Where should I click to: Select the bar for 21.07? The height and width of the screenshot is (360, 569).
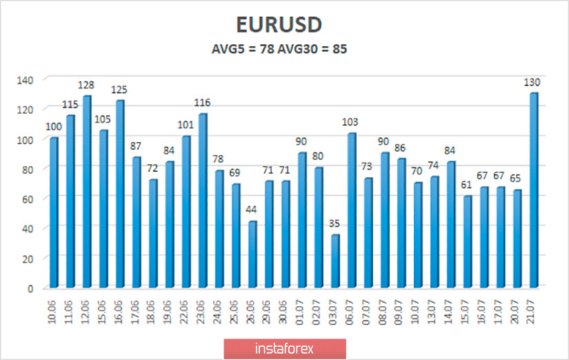pyautogui.click(x=534, y=190)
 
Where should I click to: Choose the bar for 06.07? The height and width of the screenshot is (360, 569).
pyautogui.click(x=351, y=210)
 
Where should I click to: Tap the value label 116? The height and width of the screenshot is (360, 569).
pyautogui.click(x=201, y=103)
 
